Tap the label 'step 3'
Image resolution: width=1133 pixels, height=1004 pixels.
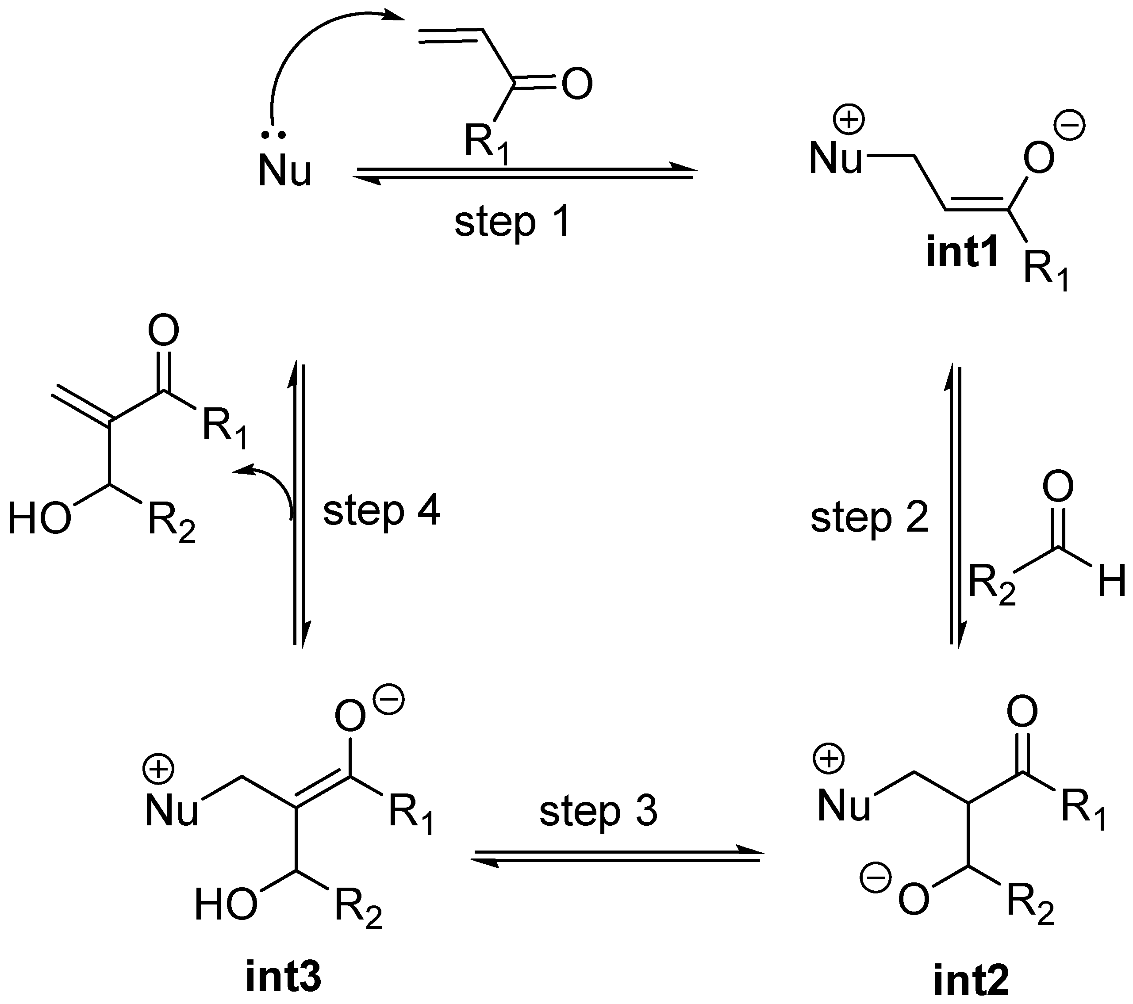click(x=598, y=811)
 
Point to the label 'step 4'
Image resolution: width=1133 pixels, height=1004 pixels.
click(x=381, y=511)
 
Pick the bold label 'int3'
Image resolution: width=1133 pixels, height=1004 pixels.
click(x=283, y=977)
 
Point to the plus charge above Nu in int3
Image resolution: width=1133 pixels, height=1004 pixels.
click(x=159, y=770)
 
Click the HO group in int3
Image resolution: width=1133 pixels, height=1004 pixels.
click(x=226, y=905)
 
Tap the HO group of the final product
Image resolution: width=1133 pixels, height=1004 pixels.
click(x=40, y=519)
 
